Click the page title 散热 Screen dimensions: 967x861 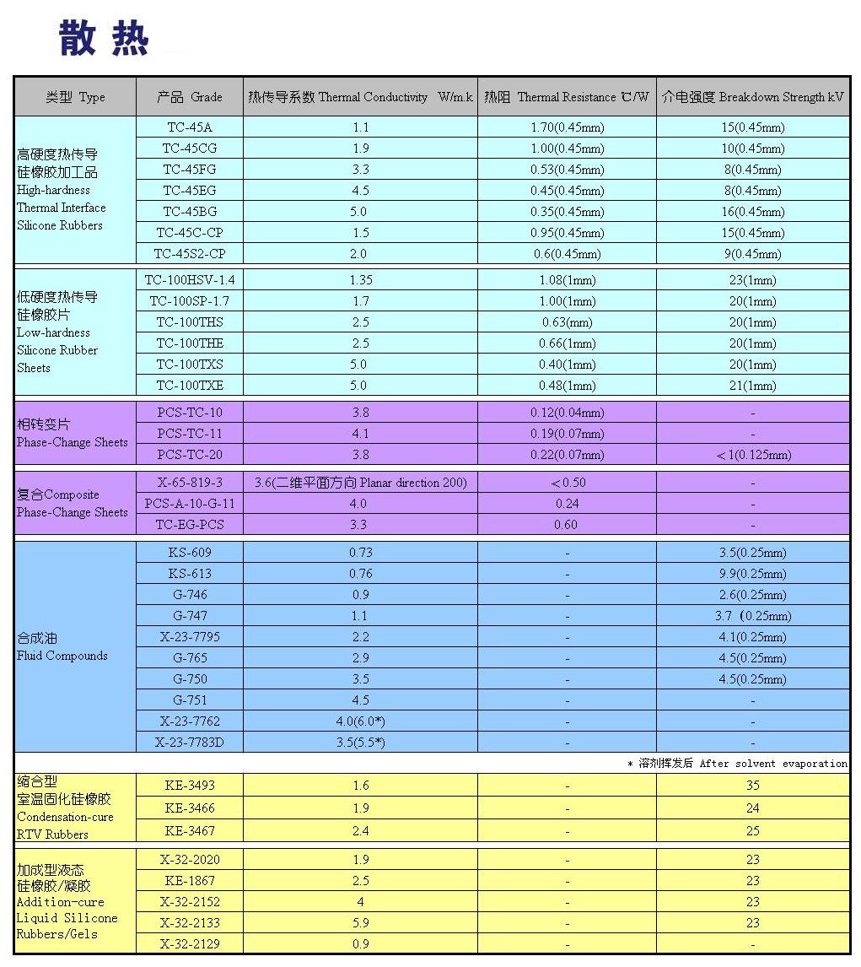(x=104, y=39)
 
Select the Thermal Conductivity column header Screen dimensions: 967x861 (x=360, y=97)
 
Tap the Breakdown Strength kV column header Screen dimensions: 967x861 (x=752, y=97)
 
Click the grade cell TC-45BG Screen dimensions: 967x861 (x=190, y=212)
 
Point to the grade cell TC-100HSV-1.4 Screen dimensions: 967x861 (x=190, y=280)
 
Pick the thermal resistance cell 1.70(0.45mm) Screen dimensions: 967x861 (x=567, y=127)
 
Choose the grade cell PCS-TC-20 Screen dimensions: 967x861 (x=190, y=455)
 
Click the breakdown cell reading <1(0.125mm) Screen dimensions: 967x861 (x=752, y=455)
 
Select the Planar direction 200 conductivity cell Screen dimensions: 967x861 (x=360, y=483)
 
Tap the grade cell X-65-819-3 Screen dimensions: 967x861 (x=190, y=483)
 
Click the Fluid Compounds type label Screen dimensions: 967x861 (x=62, y=647)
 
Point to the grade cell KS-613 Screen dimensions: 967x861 (x=190, y=574)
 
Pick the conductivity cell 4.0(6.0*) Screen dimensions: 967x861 (x=360, y=721)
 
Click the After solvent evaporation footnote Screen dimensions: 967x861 (x=738, y=763)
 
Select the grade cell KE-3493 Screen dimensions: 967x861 (x=190, y=786)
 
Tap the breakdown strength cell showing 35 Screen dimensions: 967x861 (x=752, y=786)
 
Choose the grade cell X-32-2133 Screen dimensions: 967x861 (x=190, y=923)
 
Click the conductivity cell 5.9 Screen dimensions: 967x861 (x=360, y=923)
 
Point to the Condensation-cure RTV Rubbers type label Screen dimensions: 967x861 (x=64, y=808)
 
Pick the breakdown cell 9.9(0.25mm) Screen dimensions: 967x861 (x=752, y=574)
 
